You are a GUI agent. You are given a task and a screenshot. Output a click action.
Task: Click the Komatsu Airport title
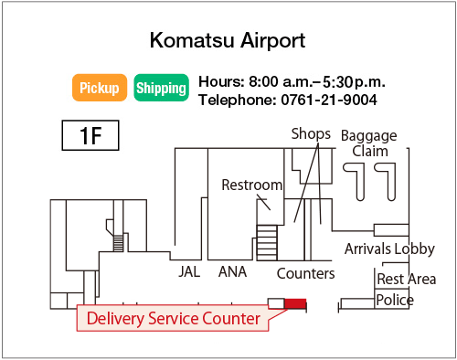click(x=227, y=41)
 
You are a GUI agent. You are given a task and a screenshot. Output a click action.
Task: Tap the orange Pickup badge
click(x=99, y=88)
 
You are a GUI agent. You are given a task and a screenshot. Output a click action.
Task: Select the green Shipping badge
click(x=161, y=88)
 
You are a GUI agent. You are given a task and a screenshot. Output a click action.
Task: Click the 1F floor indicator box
click(x=90, y=136)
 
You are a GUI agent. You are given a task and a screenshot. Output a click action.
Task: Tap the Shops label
click(x=311, y=133)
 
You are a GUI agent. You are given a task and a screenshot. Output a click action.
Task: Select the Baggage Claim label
click(x=368, y=143)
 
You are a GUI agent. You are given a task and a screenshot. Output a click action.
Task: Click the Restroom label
click(x=252, y=185)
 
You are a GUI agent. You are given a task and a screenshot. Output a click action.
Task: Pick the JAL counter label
click(x=189, y=271)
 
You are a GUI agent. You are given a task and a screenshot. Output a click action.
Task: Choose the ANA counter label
click(x=233, y=271)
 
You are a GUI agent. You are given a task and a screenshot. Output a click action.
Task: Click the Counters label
click(x=305, y=272)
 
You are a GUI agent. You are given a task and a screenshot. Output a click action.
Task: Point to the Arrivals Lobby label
click(x=389, y=249)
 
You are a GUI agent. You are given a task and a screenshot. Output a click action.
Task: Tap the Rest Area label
click(x=406, y=279)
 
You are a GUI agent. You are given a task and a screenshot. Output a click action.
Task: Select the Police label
click(x=395, y=300)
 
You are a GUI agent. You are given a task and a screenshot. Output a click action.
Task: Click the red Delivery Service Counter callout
click(x=174, y=318)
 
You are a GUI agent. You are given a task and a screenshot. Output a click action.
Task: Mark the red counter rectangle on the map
click(x=295, y=303)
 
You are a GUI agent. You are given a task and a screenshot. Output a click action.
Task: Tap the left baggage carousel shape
click(x=356, y=179)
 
